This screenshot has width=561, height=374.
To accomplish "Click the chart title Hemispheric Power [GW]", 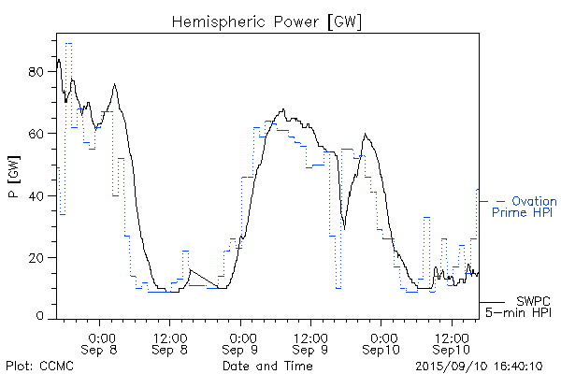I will (266, 20).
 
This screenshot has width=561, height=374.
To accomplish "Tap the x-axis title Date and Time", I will (266, 366).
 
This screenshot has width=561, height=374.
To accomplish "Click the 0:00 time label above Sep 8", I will (101, 335).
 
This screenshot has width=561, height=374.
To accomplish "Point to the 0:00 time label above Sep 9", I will (241, 335).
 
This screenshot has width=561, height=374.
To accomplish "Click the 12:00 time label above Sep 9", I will (310, 335).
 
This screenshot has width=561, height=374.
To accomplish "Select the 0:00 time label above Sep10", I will (381, 335).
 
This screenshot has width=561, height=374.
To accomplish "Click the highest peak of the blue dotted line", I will (68, 43).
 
